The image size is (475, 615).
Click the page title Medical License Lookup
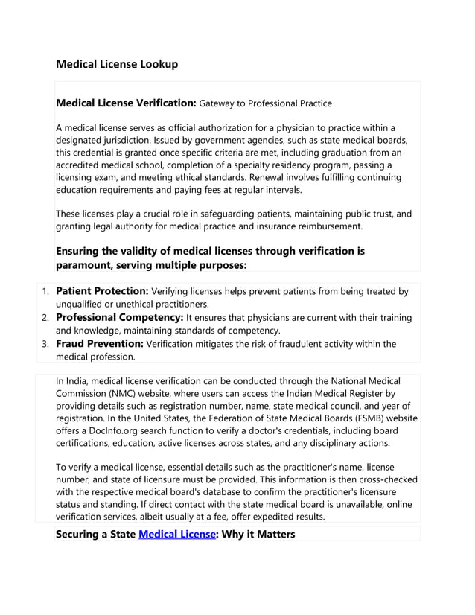pos(117,64)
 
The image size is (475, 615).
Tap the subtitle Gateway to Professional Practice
pos(265,103)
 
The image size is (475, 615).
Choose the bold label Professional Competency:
pos(119,317)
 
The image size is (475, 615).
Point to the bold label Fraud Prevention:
pos(101,344)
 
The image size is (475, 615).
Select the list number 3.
pos(44,345)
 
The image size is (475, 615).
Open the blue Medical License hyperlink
pos(176,535)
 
